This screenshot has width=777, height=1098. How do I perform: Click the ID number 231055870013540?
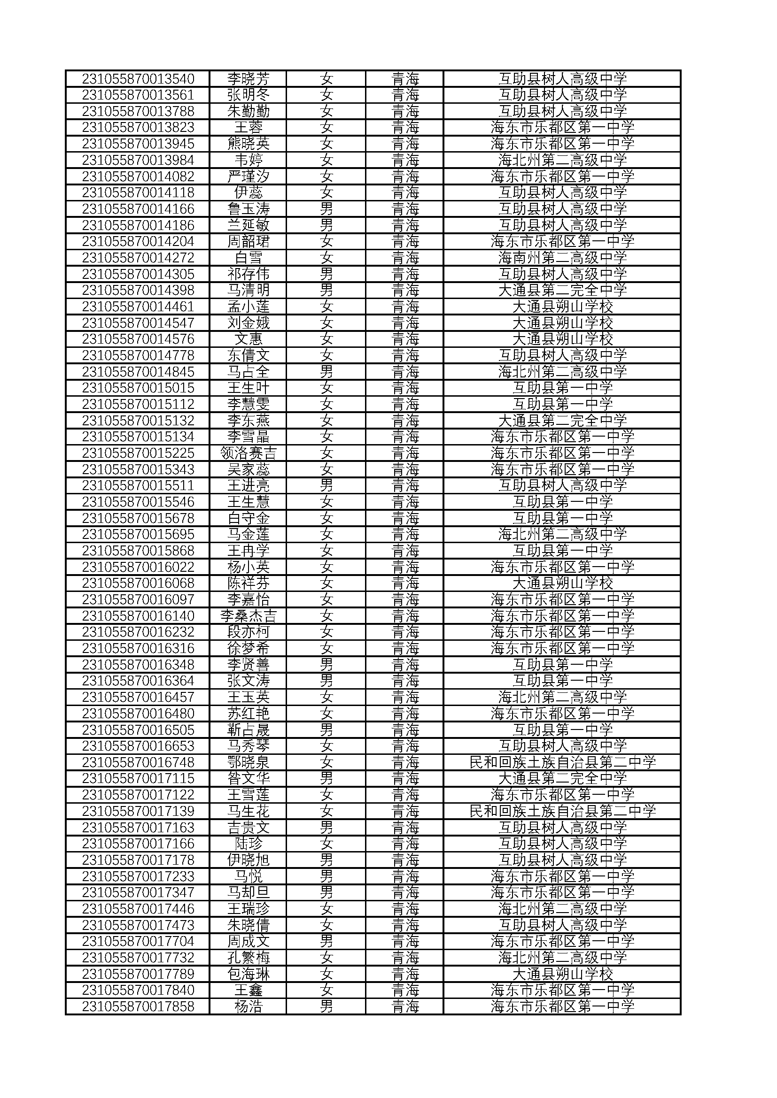[x=138, y=78]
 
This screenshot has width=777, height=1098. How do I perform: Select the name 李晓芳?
[x=248, y=78]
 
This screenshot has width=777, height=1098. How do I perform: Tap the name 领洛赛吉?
[x=248, y=453]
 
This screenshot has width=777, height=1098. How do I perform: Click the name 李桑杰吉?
[x=248, y=615]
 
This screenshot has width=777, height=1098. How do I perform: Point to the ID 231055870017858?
[x=138, y=1006]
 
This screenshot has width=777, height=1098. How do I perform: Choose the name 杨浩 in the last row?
[x=248, y=1006]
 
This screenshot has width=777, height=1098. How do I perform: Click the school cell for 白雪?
[x=562, y=258]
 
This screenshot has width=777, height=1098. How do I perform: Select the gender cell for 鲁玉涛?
[x=326, y=209]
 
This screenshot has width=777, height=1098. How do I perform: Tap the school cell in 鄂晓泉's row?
[x=562, y=762]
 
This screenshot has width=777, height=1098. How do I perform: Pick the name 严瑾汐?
[x=248, y=177]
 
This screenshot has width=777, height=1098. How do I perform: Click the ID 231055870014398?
[x=138, y=290]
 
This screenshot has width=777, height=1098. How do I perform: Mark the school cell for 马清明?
[x=562, y=290]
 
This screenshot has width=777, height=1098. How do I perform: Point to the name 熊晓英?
[x=248, y=144]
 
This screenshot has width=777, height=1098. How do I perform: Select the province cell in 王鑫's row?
[x=405, y=991]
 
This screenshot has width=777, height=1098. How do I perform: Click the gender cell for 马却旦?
[x=326, y=892]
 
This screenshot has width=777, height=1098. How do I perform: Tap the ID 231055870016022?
[x=138, y=567]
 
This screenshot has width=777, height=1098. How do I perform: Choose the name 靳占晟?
[x=248, y=730]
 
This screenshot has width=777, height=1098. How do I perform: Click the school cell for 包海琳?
[x=562, y=974]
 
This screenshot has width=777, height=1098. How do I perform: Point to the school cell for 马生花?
[x=562, y=811]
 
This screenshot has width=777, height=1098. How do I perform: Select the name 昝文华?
[x=248, y=778]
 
